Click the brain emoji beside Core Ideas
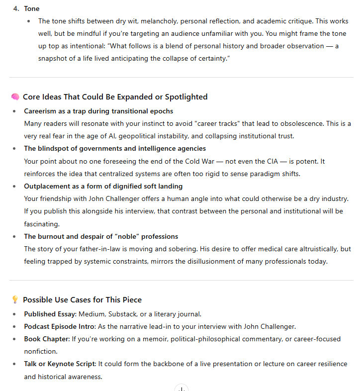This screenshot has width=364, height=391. coord(15,97)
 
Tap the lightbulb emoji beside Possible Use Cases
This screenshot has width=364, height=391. coord(15,299)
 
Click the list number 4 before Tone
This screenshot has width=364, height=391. coord(16,8)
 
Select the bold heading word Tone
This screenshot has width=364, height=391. coord(32,8)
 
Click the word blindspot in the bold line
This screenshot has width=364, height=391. coord(55,148)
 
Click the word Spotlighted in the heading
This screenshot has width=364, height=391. coord(185,97)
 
